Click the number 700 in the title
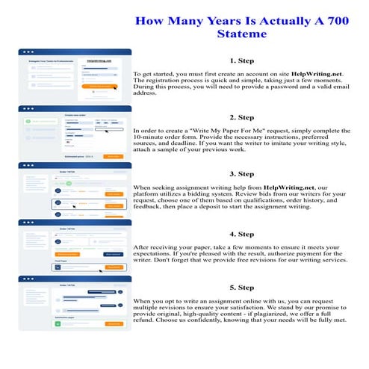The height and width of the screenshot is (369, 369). pos(325,21)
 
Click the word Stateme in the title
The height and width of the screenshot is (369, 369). pos(243,35)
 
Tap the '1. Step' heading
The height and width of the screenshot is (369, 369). pos(242,61)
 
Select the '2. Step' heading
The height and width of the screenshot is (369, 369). pos(242,117)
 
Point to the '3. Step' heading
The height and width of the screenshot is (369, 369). pos(242,173)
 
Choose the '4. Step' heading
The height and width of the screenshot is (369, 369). pos(242,234)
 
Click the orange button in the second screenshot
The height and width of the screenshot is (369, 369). pos(113,156)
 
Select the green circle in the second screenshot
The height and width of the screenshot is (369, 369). pos(27,120)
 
